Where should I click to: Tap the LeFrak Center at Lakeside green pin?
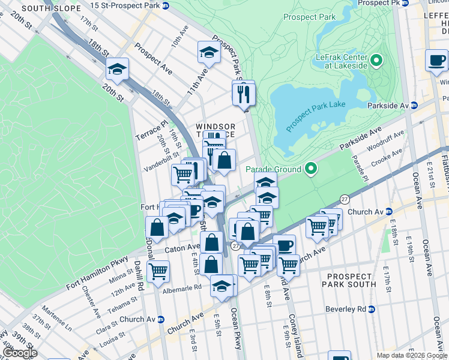(x=377, y=60)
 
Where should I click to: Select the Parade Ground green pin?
(x=310, y=169)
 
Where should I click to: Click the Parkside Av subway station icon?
(x=414, y=106)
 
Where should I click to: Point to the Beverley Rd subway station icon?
(x=372, y=309)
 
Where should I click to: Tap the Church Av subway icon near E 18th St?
(x=388, y=211)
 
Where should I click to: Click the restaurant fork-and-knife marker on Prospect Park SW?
(x=244, y=93)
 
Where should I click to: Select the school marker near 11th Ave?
(x=209, y=52)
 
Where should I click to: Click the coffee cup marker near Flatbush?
(x=436, y=61)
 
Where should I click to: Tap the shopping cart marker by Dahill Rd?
(x=158, y=271)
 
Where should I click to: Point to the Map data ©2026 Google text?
(x=411, y=355)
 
